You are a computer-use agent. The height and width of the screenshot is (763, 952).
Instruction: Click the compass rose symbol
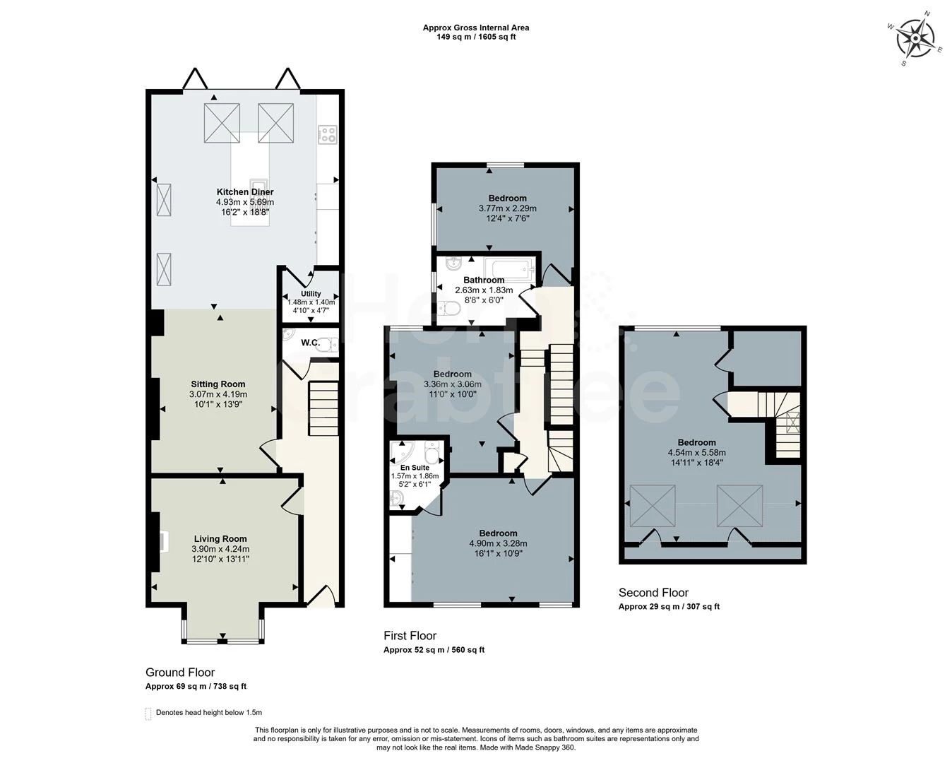pyautogui.click(x=917, y=38)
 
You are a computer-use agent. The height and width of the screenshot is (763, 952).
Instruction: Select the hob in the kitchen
pyautogui.click(x=328, y=134)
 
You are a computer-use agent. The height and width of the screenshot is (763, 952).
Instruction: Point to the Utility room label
pyautogui.click(x=311, y=294)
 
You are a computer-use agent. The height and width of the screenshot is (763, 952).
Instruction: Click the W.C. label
pyautogui.click(x=311, y=343)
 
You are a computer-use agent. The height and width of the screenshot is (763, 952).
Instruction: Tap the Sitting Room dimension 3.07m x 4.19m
pyautogui.click(x=218, y=394)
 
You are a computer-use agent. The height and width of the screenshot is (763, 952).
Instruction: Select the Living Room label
pyautogui.click(x=220, y=539)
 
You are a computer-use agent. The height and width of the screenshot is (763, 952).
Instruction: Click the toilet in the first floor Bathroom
pyautogui.click(x=450, y=309)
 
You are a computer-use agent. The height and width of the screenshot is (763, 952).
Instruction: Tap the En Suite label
pyautogui.click(x=415, y=468)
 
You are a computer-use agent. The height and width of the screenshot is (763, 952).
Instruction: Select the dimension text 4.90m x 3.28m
pyautogui.click(x=498, y=543)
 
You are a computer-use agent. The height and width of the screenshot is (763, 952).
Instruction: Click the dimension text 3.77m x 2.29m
pyautogui.click(x=507, y=208)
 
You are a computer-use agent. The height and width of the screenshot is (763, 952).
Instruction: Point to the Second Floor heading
pyautogui.click(x=653, y=593)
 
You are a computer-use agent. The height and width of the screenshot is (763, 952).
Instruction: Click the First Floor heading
pyautogui.click(x=410, y=636)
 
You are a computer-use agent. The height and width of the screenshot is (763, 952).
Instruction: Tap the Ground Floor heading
pyautogui.click(x=180, y=673)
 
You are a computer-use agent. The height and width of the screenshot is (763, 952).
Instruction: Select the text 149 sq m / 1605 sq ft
pyautogui.click(x=476, y=37)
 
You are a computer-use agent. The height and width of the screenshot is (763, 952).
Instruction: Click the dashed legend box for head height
pyautogui.click(x=148, y=713)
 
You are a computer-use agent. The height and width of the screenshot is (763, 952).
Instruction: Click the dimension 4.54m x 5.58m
pyautogui.click(x=696, y=453)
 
